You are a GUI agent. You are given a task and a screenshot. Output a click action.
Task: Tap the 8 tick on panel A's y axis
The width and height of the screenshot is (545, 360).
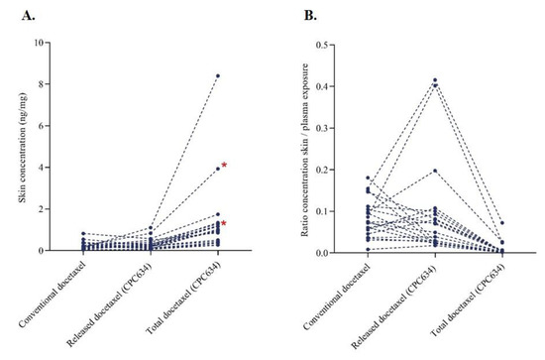(x=57, y=84)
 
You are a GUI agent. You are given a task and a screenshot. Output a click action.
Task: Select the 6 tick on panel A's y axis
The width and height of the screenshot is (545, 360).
(x=57, y=126)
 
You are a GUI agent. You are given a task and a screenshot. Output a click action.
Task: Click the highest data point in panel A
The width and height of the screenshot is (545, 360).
(x=218, y=75)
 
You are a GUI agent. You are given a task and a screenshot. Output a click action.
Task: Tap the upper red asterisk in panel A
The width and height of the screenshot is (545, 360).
(x=225, y=166)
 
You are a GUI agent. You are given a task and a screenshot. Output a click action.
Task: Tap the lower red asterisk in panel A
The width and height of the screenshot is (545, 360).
(x=225, y=224)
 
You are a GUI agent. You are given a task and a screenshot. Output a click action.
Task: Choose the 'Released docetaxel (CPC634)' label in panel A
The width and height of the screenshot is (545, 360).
(x=119, y=304)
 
